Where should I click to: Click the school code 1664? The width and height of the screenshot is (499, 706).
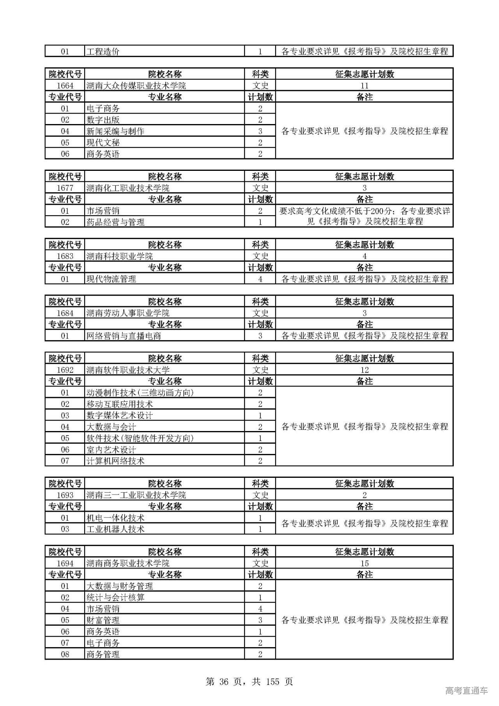(65, 86)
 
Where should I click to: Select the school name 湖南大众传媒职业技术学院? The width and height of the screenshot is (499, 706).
(136, 86)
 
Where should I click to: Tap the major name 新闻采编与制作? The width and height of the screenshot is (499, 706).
(115, 131)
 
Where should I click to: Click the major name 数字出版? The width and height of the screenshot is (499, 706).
(103, 120)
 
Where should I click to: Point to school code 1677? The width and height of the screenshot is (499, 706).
(65, 188)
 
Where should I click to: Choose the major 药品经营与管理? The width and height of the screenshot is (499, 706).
(115, 222)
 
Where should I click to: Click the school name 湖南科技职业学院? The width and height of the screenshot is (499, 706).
(120, 256)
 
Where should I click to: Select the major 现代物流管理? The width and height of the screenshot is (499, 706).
(111, 279)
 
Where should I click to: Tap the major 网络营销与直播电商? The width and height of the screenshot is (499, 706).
(124, 336)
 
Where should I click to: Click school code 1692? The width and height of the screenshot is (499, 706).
(65, 370)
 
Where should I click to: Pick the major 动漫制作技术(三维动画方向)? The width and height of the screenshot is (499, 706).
(140, 393)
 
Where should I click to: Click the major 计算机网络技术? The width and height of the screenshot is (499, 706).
(115, 461)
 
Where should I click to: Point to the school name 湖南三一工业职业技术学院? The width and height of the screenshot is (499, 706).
(136, 495)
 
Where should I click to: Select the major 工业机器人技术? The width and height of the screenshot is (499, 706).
(115, 529)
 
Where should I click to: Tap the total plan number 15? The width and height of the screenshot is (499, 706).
(365, 563)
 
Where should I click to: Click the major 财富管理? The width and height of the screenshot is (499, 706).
(103, 620)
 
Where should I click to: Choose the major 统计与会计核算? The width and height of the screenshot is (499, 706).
(115, 598)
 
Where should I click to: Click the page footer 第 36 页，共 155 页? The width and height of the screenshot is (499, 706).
(249, 681)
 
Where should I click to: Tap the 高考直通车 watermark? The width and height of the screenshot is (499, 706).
(466, 691)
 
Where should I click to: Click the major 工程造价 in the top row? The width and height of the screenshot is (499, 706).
(103, 51)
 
